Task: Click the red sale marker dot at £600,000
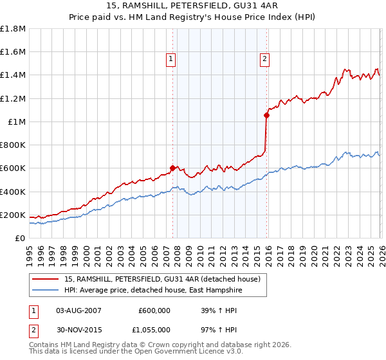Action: pyautogui.click(x=172, y=168)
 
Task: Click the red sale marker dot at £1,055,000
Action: pyautogui.click(x=266, y=116)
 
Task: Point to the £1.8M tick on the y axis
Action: pyautogui.click(x=13, y=29)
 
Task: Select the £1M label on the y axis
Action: pyautogui.click(x=17, y=122)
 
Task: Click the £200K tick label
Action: pyautogui.click(x=13, y=215)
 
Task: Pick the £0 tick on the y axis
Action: pyautogui.click(x=21, y=238)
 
